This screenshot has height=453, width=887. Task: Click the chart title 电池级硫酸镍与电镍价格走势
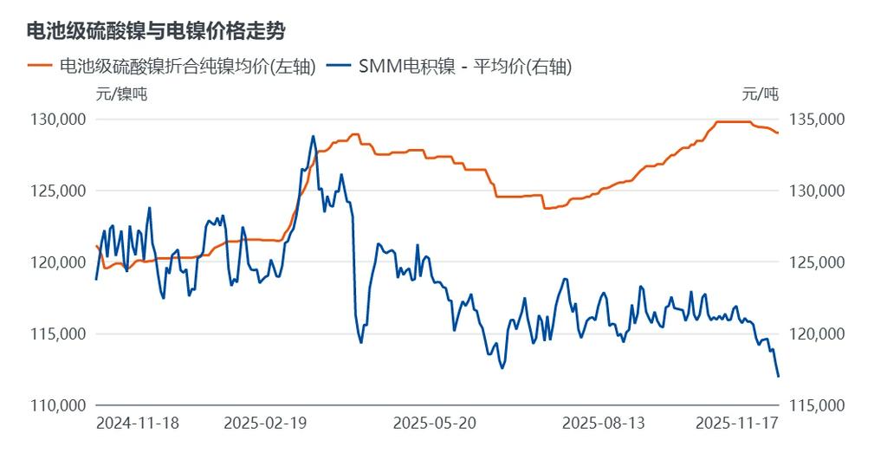coord(157,31)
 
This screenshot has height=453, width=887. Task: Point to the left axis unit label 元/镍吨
coord(121,94)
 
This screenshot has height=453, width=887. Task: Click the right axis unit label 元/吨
coord(761,94)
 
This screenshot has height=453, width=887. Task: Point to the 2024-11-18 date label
coord(137,424)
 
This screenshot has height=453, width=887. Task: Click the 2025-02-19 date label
coord(265,424)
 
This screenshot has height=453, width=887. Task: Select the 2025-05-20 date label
coord(434,424)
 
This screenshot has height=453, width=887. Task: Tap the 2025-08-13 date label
coord(603,424)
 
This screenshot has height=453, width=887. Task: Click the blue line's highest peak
coord(313,136)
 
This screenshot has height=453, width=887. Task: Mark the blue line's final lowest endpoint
coord(779,376)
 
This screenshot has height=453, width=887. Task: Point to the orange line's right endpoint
coord(779,133)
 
